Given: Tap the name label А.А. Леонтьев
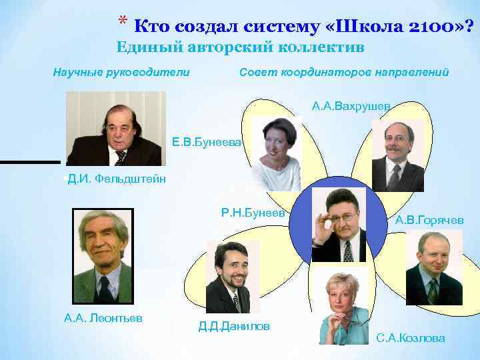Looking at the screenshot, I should (103, 318).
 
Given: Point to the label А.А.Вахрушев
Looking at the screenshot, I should (351, 106).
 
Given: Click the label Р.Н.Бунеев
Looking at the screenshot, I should (253, 213).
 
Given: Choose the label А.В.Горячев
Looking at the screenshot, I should (429, 220).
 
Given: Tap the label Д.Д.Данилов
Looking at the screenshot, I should (234, 326).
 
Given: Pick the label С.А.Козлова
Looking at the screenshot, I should (411, 338).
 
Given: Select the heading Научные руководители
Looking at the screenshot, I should (121, 72).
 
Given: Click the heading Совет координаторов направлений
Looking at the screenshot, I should (343, 72).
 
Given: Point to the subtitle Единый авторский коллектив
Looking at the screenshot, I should (241, 48).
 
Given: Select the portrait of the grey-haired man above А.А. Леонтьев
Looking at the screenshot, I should (103, 257).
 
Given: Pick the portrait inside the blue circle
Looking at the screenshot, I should (339, 225).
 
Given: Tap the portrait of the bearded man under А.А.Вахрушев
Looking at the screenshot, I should (397, 155).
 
